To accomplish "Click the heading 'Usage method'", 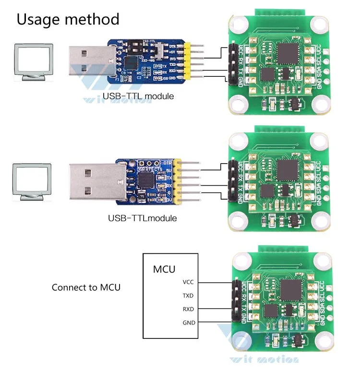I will coord(68,19).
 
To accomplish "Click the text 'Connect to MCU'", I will coord(86,287).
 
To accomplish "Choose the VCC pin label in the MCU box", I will coord(189,282).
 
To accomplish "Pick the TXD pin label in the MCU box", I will coord(189,296).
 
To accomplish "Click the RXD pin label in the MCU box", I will coord(189,309).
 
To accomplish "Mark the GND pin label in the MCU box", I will coord(189,323).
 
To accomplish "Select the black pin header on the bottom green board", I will coord(236,301).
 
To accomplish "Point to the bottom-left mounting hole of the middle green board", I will coord(237,221).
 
